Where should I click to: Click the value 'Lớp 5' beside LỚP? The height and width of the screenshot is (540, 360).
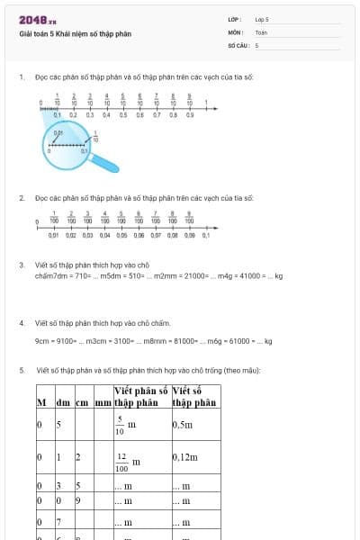tap(262, 19)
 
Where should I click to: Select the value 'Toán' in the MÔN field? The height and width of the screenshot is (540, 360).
tap(261, 31)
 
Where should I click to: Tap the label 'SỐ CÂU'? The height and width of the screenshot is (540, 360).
tap(237, 44)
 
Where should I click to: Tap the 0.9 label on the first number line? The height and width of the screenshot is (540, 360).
tap(189, 115)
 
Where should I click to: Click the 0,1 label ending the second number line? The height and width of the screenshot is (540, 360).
tap(205, 235)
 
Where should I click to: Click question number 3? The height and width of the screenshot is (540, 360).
tap(22, 265)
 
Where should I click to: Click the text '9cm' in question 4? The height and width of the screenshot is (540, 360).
tap(42, 341)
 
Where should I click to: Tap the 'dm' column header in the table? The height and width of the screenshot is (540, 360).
tap(63, 402)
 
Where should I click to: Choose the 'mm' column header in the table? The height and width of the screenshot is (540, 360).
tap(103, 402)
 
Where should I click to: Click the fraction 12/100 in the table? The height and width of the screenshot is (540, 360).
tap(122, 462)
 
